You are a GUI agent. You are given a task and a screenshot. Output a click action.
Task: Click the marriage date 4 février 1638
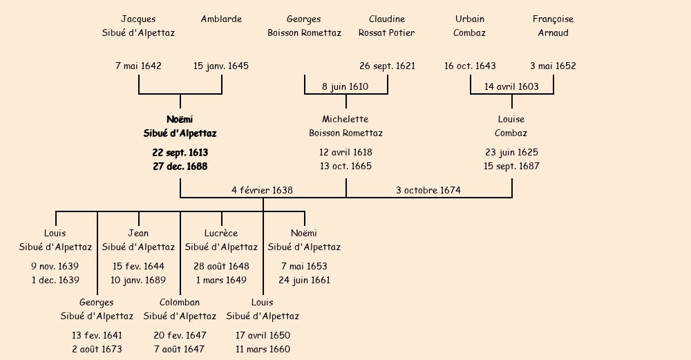click(262, 190)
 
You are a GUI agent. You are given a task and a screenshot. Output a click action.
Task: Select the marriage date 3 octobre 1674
click(428, 190)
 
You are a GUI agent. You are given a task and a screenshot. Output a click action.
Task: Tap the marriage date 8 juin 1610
click(345, 87)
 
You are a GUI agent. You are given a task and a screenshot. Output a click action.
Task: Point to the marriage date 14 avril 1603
click(511, 87)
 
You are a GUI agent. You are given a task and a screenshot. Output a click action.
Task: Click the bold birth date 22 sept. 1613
click(180, 152)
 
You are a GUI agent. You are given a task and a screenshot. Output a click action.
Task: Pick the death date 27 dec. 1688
click(180, 167)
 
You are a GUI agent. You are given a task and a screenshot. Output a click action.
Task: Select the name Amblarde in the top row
click(221, 19)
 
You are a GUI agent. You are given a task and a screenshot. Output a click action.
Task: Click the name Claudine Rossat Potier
click(387, 26)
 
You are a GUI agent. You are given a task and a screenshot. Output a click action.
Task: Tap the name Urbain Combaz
click(470, 26)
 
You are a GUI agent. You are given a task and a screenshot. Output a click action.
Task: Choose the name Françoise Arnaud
click(553, 26)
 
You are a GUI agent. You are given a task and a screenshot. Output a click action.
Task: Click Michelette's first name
click(345, 120)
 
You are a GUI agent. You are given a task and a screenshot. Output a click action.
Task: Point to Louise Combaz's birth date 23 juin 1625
click(511, 152)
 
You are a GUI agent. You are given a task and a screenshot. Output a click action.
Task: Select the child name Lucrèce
click(221, 234)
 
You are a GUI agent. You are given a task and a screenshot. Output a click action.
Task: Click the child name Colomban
click(180, 303)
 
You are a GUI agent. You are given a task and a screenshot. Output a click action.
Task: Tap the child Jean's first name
click(138, 234)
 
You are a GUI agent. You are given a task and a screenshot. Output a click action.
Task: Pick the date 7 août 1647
click(180, 350)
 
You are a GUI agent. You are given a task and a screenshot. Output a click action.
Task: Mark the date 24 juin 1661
click(304, 281)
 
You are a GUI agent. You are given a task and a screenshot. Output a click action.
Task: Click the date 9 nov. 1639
click(55, 266)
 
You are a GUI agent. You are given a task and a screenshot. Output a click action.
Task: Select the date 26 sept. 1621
click(387, 66)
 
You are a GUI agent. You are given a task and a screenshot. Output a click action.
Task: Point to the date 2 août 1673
click(97, 350)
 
